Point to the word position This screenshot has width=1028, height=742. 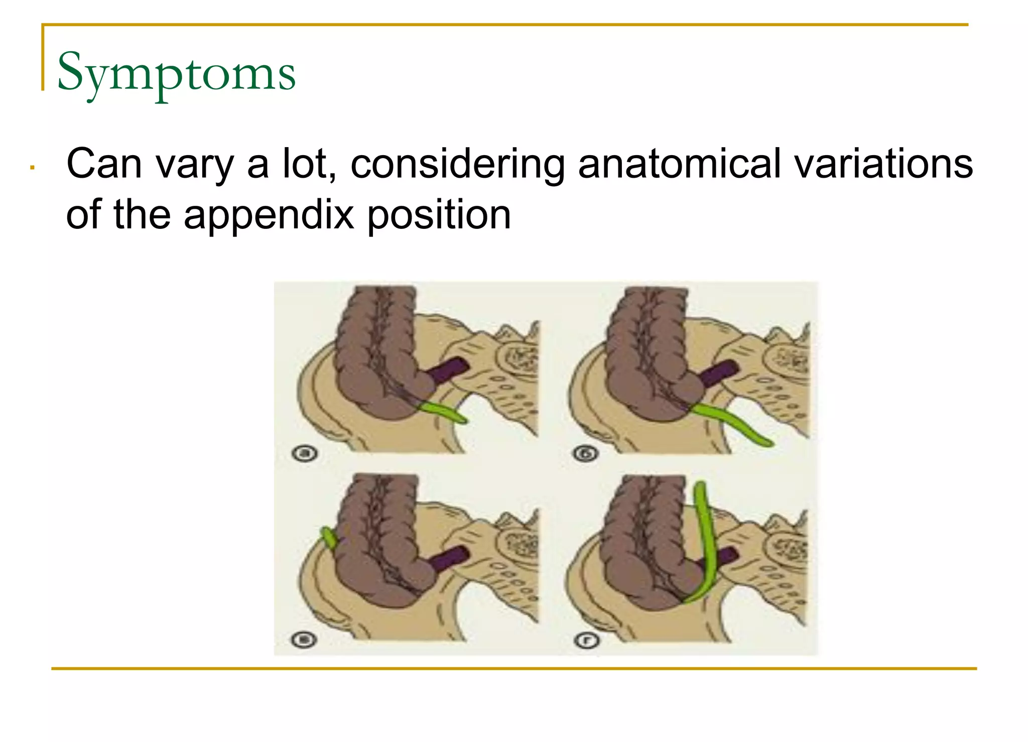439,214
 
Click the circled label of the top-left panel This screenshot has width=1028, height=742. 305,454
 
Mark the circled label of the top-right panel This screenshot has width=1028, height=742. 586,454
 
